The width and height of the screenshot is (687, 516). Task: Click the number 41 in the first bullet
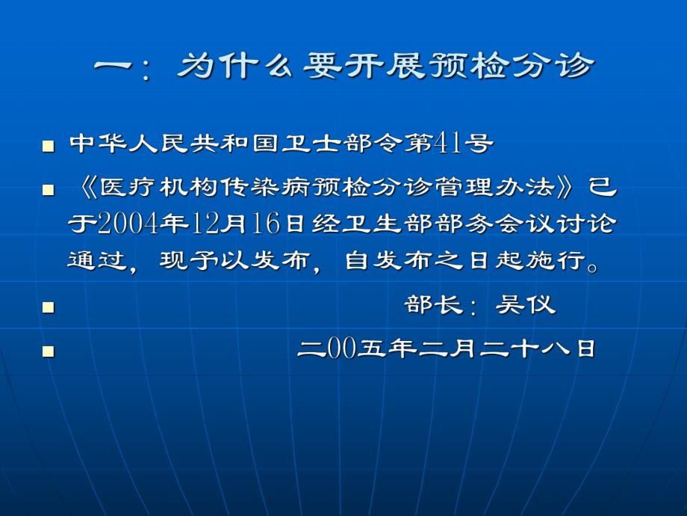tap(447, 143)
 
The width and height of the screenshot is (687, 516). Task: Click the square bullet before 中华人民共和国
tap(48, 145)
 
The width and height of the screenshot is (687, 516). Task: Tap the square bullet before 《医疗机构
tap(48, 191)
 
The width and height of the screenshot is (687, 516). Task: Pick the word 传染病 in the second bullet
tap(289, 186)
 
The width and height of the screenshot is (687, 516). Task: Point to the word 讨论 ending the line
tap(594, 224)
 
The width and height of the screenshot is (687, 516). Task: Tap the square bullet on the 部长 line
tap(48, 307)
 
